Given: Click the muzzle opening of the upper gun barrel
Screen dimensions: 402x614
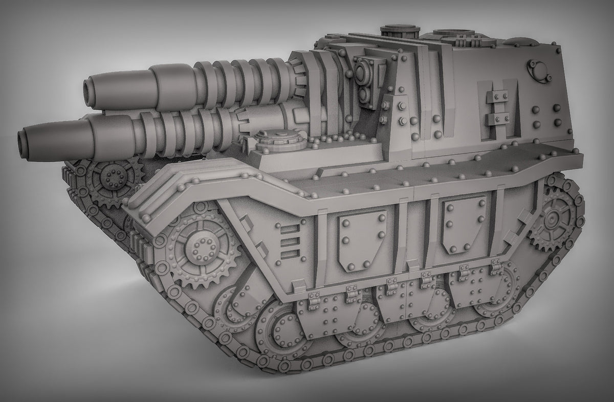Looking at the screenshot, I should click(x=92, y=87).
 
